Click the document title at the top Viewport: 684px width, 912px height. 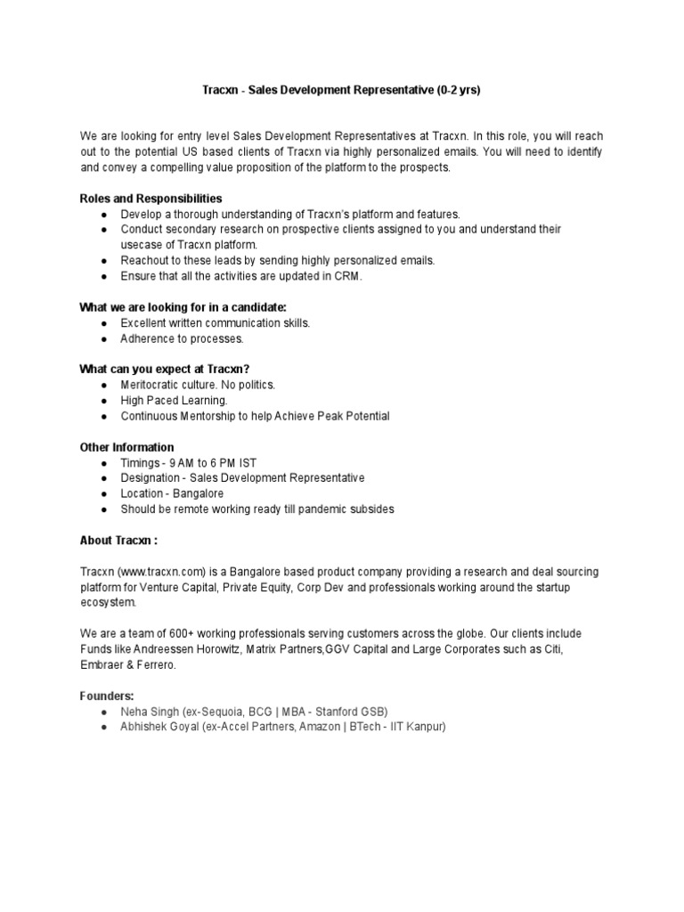pos(341,90)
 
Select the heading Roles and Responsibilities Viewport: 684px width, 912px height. pos(151,199)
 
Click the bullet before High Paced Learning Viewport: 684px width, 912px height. pos(104,401)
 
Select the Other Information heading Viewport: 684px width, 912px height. pos(127,447)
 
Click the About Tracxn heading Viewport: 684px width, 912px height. pos(118,540)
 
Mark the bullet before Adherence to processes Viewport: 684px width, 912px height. pos(104,339)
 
